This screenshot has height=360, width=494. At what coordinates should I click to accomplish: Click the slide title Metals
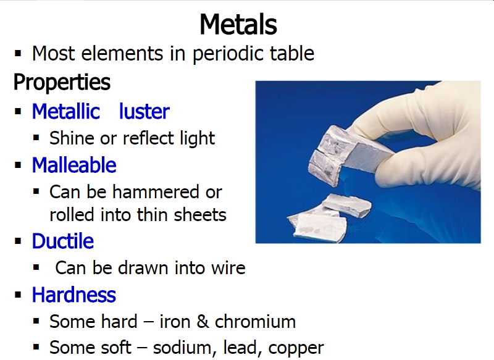(238, 24)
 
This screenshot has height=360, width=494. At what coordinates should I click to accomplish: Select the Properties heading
(62, 82)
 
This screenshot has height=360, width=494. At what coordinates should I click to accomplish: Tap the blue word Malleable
(74, 165)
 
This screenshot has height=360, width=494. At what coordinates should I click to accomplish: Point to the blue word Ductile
(63, 241)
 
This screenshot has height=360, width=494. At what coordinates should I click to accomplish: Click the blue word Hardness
(73, 295)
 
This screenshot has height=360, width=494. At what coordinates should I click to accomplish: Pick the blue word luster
(144, 111)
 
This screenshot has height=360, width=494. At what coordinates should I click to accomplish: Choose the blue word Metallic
(66, 111)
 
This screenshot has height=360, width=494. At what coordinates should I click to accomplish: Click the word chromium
(255, 322)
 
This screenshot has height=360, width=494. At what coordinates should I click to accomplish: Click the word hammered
(156, 192)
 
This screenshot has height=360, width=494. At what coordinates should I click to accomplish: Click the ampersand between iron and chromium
(203, 322)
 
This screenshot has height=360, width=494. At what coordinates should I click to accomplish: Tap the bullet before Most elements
(18, 54)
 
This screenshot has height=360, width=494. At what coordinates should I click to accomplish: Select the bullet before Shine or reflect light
(36, 138)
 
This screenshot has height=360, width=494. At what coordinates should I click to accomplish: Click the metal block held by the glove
(349, 154)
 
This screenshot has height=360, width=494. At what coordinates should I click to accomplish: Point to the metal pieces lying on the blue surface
(328, 218)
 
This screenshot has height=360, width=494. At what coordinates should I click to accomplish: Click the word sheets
(200, 215)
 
